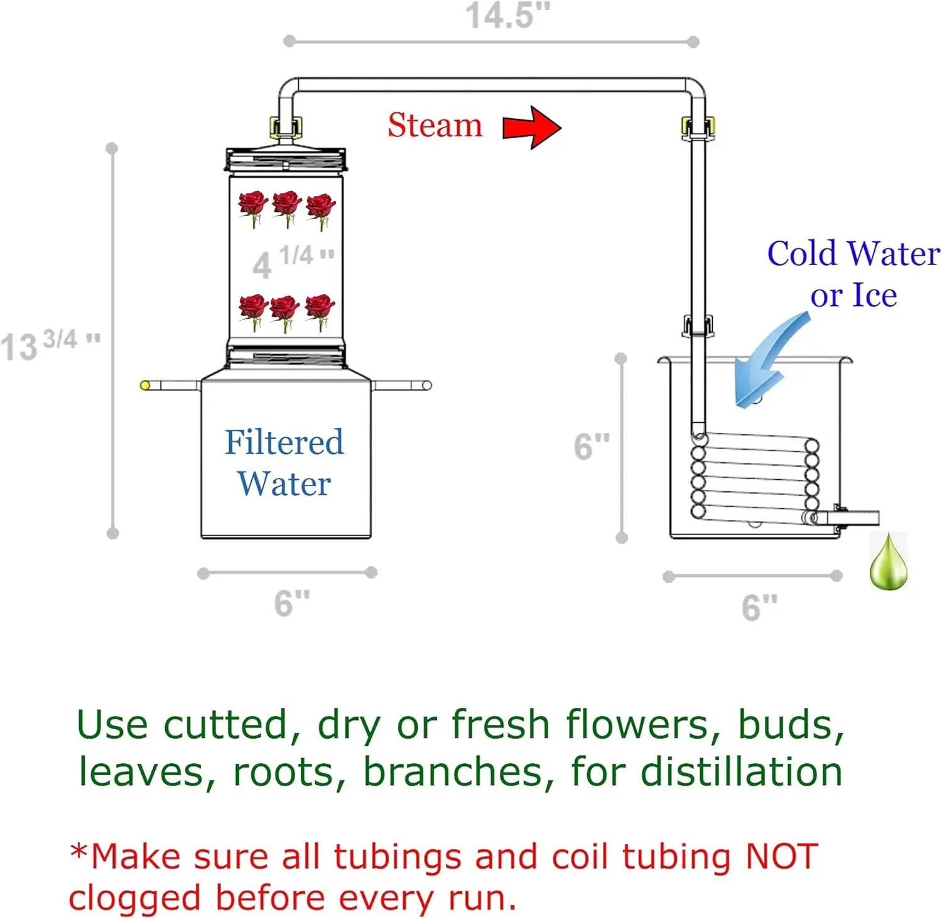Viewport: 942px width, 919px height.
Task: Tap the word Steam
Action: pos(435,125)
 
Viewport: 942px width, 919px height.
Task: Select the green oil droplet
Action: pos(889,563)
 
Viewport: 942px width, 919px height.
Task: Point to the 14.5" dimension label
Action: pos(507,16)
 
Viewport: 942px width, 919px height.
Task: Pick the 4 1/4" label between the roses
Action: pos(293,261)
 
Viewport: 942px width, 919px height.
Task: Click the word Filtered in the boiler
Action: pos(284,442)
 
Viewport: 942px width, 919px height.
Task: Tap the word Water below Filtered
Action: pos(284,484)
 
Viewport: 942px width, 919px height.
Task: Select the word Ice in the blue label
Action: pos(874,295)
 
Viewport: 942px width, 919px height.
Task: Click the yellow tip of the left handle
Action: pos(145,385)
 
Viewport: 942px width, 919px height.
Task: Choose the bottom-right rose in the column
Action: pos(320,310)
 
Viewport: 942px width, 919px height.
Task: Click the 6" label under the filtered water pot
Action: pos(292,603)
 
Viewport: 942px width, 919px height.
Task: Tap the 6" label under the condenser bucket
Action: pos(759,607)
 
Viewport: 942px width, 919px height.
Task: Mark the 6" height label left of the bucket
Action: pos(592,446)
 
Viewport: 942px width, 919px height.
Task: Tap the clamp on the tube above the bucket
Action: pos(698,326)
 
